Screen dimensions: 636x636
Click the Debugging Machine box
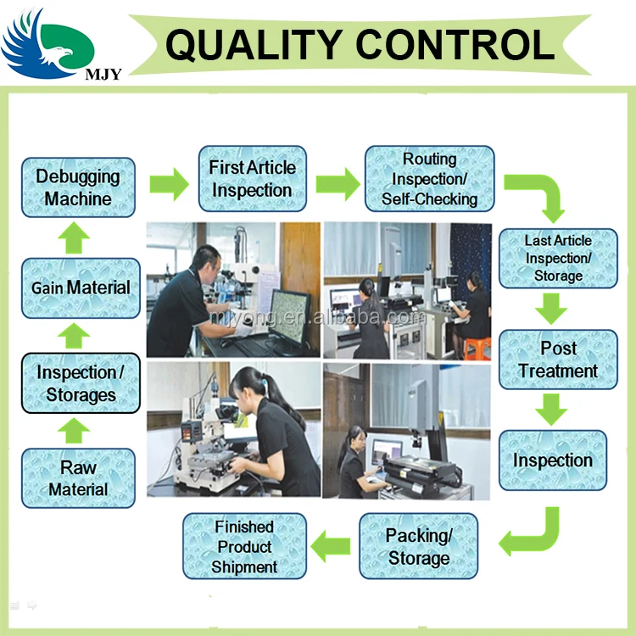78,187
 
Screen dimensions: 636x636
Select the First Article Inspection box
252,179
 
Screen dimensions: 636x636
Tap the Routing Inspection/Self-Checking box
429,179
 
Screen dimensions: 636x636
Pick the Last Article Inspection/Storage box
558,258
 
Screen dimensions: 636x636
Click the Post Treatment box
558,360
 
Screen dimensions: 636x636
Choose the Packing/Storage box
419,547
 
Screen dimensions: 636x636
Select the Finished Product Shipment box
244,547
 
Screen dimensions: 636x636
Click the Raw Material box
78,478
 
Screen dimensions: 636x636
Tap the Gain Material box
81,288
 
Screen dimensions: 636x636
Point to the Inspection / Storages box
81,383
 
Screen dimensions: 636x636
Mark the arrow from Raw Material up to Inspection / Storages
75,431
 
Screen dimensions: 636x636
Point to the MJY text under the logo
103,74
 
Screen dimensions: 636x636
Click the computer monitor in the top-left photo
289,318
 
